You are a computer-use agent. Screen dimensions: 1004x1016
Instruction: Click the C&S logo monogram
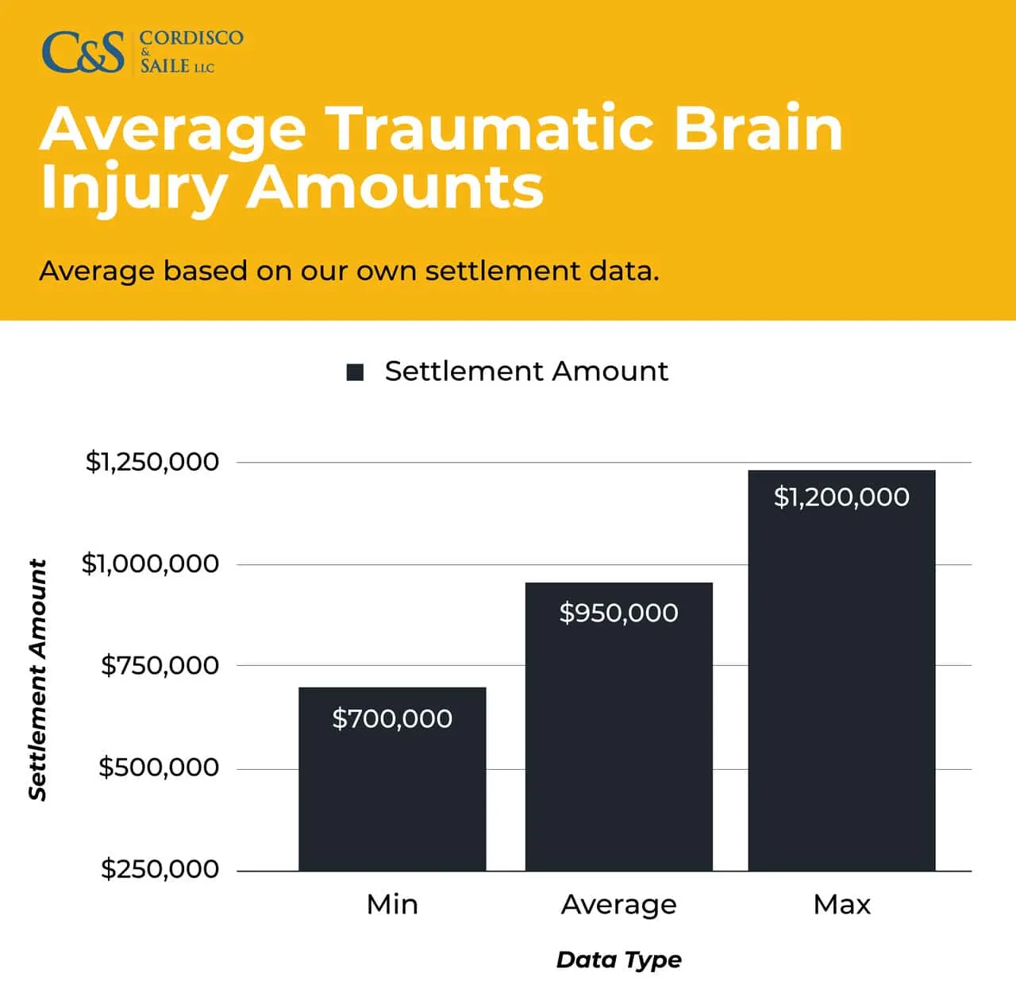tap(83, 52)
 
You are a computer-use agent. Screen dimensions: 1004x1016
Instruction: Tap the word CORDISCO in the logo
tap(191, 38)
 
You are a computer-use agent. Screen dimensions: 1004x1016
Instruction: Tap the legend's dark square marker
tap(355, 372)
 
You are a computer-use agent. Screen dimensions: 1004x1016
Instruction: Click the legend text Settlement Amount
tap(526, 371)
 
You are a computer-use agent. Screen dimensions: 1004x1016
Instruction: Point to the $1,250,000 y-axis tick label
tap(152, 462)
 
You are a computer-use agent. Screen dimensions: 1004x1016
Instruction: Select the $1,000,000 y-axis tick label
tap(151, 564)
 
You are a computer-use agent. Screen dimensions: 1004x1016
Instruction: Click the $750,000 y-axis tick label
tap(160, 665)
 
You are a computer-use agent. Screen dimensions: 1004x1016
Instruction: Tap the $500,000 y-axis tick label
tap(159, 767)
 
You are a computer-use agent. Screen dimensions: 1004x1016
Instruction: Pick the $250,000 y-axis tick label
tap(160, 869)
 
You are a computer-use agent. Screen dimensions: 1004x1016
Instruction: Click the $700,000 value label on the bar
tap(392, 719)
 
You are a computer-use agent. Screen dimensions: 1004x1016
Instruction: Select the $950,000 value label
tap(618, 613)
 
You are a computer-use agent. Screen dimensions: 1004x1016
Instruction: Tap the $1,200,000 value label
tap(841, 498)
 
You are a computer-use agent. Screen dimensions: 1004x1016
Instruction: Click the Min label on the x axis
tap(392, 905)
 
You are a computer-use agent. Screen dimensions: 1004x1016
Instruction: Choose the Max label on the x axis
tap(842, 905)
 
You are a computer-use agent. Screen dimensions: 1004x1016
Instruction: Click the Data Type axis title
tap(619, 960)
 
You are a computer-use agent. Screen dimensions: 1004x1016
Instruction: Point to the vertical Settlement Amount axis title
tap(38, 679)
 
